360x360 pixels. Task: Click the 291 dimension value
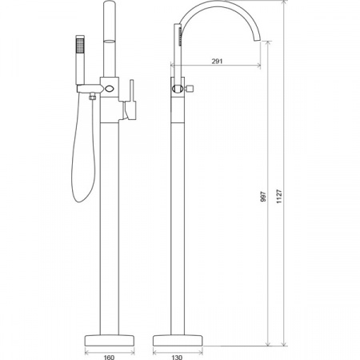217,61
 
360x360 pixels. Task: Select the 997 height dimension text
263,196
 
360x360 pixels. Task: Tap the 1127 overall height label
279,196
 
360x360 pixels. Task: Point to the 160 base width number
109,357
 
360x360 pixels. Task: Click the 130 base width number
177,357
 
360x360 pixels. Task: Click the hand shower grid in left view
80,46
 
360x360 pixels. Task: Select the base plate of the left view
110,340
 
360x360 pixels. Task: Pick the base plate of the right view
178,340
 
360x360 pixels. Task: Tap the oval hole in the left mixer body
109,88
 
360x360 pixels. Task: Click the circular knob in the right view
178,89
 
